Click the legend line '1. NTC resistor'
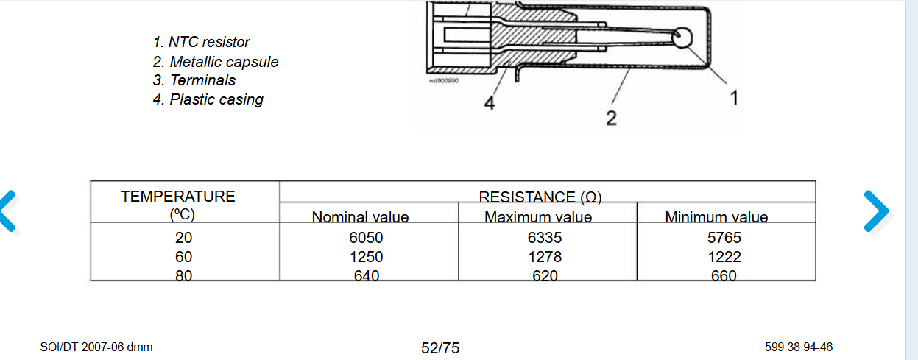tap(201, 42)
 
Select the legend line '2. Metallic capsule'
tap(216, 62)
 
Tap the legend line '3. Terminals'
tap(194, 80)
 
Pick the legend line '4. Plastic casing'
tap(208, 99)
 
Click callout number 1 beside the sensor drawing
tap(735, 98)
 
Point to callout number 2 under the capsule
tap(612, 118)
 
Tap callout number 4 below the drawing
tap(490, 103)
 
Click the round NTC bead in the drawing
tap(682, 38)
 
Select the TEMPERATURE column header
tap(178, 205)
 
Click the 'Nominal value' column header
tap(360, 217)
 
